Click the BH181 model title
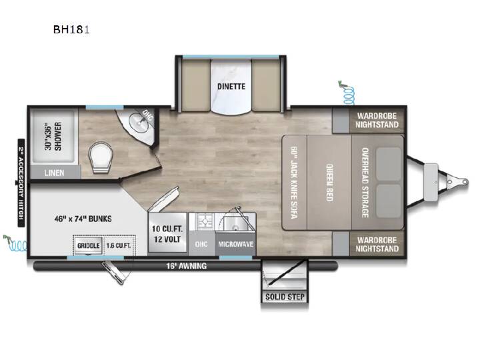pos(71,30)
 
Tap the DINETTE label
pos(231,87)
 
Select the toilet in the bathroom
pos(101,158)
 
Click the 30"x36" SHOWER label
pos(53,137)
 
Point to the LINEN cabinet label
pos(54,173)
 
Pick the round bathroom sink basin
pos(137,122)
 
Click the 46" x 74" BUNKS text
pos(83,219)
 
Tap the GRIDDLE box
pos(89,245)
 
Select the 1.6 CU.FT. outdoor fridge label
pos(119,246)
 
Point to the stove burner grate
pos(205,221)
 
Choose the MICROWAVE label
pos(236,244)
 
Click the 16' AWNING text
pos(187,266)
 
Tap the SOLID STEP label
pos(285,297)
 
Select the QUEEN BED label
pos(329,183)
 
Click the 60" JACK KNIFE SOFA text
pos(294,183)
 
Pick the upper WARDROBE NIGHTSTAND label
pos(377,120)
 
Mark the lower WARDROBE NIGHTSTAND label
pos(377,244)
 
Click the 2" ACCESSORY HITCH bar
pos(21,183)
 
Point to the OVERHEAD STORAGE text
pos(365,183)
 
